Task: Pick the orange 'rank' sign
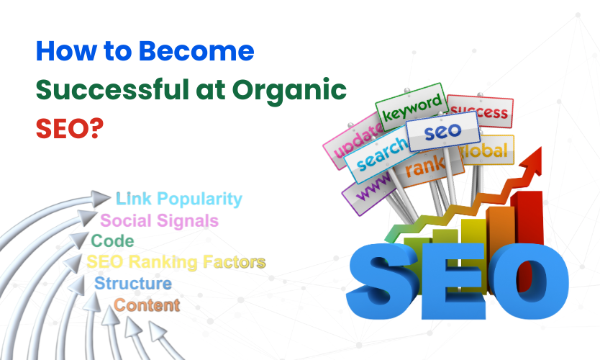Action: point(422,170)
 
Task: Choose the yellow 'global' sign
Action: point(488,150)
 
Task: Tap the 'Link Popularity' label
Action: point(179,199)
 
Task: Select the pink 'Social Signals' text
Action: point(159,220)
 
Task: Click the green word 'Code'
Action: point(112,241)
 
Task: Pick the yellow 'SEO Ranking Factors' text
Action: point(176,262)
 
